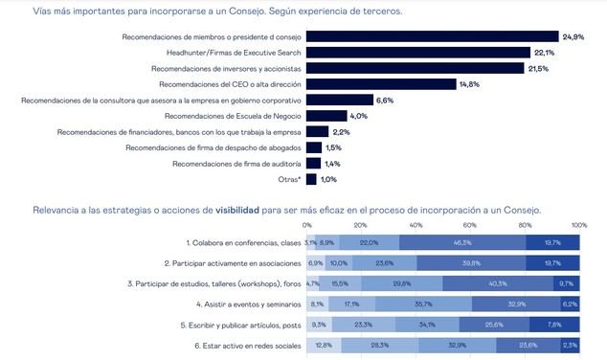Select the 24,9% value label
tap(573, 36)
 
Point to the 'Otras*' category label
tap(288, 179)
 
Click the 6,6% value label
tap(385, 100)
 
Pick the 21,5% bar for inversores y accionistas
tap(416, 68)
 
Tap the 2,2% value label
tap(342, 131)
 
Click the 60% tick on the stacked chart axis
tap(469, 226)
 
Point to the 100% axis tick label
tap(577, 226)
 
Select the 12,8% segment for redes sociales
tap(323, 345)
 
